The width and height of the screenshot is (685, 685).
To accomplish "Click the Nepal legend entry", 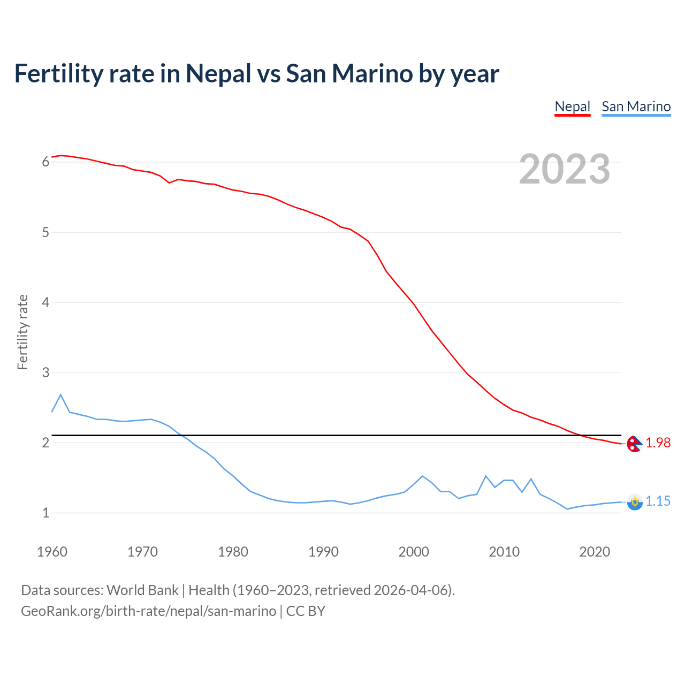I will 572,106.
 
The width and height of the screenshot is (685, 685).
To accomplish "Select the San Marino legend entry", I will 636,106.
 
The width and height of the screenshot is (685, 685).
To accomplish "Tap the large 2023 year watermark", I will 564,169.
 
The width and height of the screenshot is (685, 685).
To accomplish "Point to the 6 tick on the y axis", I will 45,162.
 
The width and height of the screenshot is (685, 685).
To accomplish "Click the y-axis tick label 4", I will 45,302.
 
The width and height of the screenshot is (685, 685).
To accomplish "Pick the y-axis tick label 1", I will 45,513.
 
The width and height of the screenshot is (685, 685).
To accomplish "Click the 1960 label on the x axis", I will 52,552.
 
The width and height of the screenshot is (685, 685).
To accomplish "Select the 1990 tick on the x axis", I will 323,552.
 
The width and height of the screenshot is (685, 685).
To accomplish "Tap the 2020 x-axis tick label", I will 595,552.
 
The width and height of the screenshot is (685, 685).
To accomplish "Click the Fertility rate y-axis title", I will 22,332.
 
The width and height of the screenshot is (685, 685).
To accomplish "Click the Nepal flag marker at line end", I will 634,444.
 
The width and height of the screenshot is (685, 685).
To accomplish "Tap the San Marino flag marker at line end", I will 635,502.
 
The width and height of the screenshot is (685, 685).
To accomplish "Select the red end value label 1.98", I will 658,443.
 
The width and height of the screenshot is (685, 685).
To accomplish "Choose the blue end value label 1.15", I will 658,501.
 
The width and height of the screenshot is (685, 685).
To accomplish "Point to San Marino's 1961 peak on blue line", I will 60,395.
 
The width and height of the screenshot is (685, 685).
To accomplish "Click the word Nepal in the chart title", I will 218,73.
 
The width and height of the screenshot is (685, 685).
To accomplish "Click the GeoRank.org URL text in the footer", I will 148,611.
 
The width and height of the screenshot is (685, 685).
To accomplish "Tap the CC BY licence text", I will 306,611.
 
